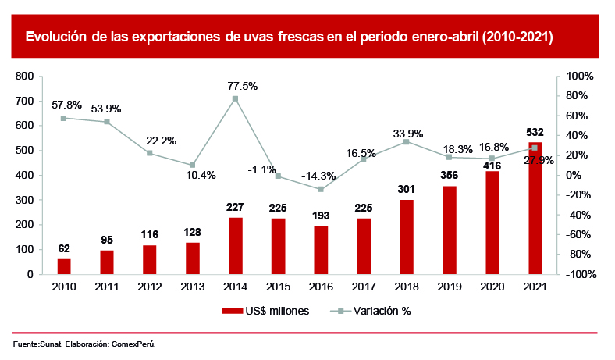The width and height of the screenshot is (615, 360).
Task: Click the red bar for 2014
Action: point(235,246)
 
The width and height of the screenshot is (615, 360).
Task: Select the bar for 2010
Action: point(64,266)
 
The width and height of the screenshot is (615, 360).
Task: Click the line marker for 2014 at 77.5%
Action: point(235,98)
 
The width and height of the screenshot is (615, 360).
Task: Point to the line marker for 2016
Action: point(321,189)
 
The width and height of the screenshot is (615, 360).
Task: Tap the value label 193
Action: point(320,214)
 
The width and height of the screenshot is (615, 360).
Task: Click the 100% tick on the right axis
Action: point(581,77)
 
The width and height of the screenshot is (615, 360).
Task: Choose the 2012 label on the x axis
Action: point(149,286)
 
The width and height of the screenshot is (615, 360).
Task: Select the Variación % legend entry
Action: point(371,311)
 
